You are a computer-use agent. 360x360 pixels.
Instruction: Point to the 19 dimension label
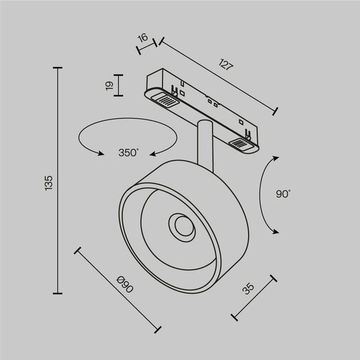click(109, 85)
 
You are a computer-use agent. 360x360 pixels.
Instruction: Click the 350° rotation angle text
click(128, 152)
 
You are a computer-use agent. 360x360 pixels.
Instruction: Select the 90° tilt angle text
click(282, 195)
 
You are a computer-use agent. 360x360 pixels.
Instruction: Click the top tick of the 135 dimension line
click(59, 68)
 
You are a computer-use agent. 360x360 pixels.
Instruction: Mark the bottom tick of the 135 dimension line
click(59, 294)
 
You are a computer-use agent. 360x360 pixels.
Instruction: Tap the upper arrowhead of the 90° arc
click(277, 158)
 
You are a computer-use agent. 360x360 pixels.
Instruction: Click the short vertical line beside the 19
click(120, 85)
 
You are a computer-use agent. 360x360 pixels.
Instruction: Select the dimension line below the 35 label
click(253, 297)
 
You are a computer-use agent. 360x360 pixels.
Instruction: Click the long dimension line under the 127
click(218, 76)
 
